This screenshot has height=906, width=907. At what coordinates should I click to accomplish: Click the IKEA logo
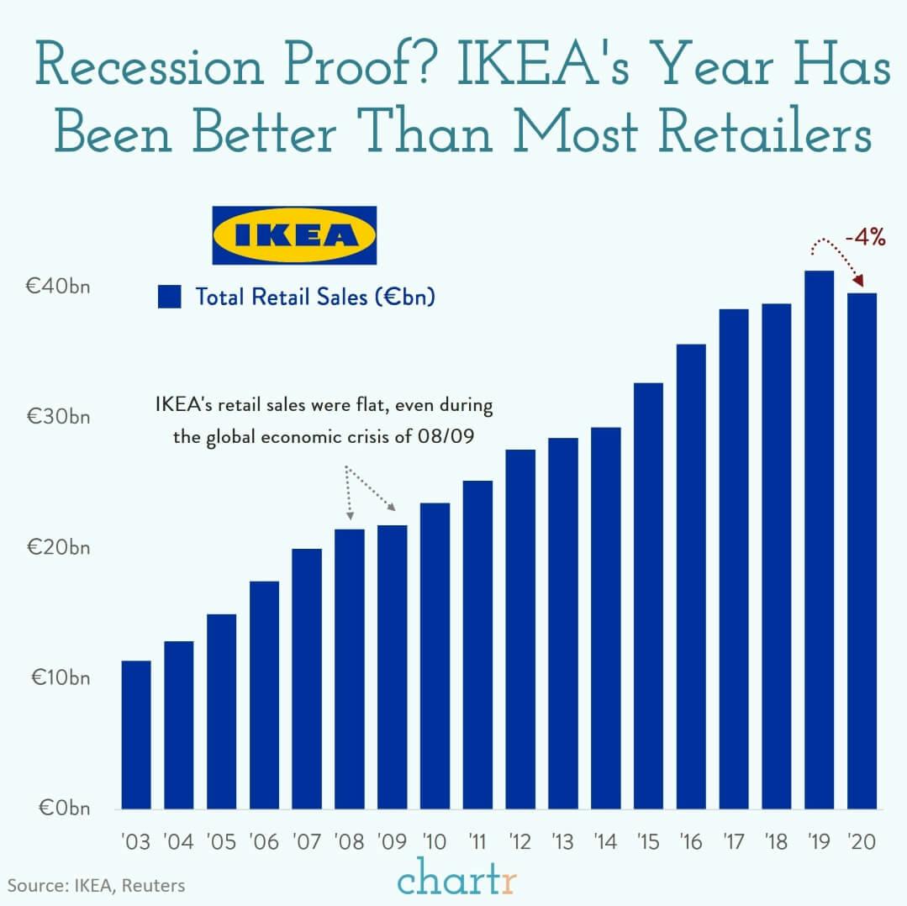(293, 235)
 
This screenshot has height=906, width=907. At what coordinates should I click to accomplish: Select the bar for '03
(136, 735)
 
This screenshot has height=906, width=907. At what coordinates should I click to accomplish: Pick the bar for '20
(862, 550)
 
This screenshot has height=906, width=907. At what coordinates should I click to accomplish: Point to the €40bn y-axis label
(58, 286)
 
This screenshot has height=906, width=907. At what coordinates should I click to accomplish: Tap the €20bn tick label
(58, 548)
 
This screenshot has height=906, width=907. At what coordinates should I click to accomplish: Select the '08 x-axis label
(349, 841)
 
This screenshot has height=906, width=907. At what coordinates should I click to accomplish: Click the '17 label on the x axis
(734, 841)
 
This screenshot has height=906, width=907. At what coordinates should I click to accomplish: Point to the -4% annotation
(865, 238)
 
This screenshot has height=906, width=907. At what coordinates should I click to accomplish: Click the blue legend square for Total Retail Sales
(169, 297)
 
